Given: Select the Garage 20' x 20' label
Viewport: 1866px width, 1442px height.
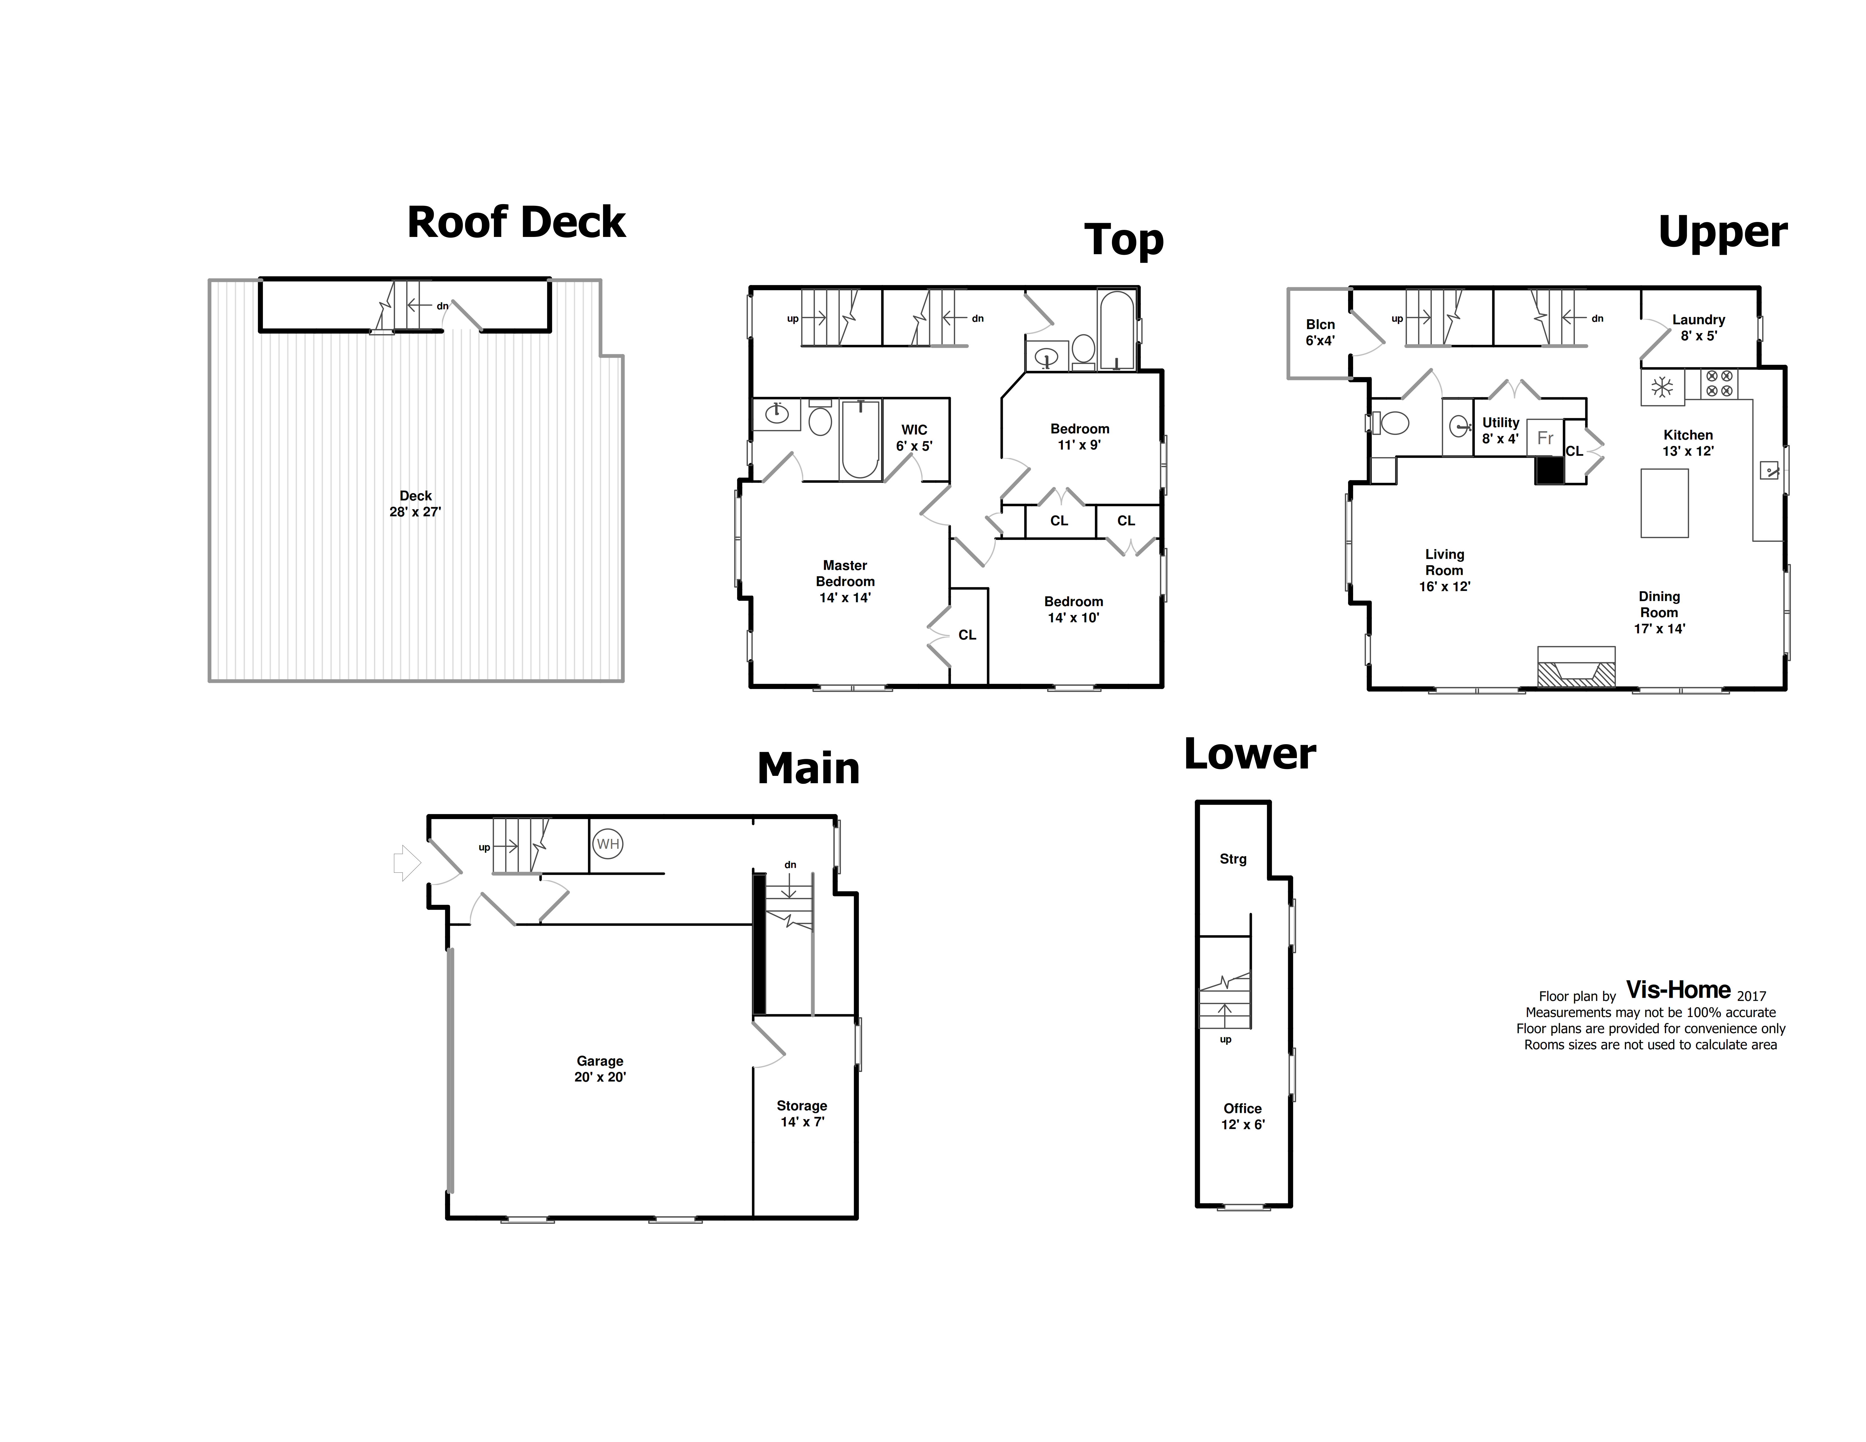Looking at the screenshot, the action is click(x=600, y=1069).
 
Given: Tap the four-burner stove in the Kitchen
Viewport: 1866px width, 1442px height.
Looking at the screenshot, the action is click(x=1719, y=384).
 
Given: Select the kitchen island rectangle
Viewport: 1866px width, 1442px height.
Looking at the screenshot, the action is click(x=1664, y=503).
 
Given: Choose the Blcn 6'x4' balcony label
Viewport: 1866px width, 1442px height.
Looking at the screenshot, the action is click(x=1320, y=332).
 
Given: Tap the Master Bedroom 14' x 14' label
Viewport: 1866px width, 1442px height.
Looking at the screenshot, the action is click(x=845, y=581).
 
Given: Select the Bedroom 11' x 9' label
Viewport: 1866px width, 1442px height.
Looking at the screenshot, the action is click(x=1080, y=437).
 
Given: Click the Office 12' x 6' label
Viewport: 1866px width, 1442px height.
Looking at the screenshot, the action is click(x=1242, y=1116).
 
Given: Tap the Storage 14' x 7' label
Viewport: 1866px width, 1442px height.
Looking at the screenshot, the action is click(x=802, y=1113).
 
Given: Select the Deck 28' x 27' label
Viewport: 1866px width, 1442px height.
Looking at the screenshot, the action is click(x=415, y=503).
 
